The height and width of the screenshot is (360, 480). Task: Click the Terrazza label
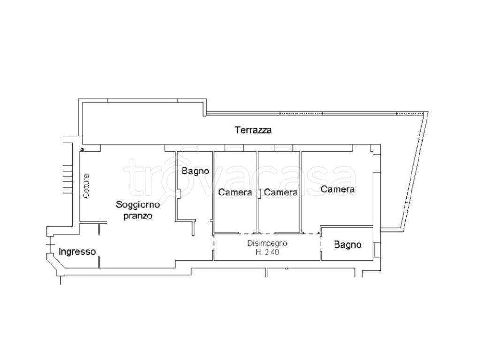(x=253, y=130)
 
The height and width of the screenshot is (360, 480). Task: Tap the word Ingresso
(x=77, y=252)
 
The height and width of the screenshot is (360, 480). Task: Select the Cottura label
(x=86, y=186)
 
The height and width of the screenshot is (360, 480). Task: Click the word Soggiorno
(x=138, y=205)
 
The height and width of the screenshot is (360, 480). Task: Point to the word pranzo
(x=138, y=216)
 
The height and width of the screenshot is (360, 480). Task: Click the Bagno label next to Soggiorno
(x=195, y=171)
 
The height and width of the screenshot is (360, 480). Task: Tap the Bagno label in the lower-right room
(x=348, y=245)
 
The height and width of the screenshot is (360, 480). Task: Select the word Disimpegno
(x=267, y=243)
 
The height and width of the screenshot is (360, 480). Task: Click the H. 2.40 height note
(x=267, y=252)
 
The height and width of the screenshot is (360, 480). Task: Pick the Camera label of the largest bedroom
(x=338, y=189)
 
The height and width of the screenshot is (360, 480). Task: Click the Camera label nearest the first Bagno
(x=235, y=192)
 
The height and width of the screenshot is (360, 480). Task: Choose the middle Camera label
(x=281, y=192)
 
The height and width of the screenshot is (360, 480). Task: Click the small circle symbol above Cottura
(x=82, y=150)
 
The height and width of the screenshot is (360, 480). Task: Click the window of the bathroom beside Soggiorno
(x=190, y=148)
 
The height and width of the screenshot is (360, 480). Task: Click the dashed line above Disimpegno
(x=267, y=234)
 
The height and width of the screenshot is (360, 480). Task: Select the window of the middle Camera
(x=284, y=148)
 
